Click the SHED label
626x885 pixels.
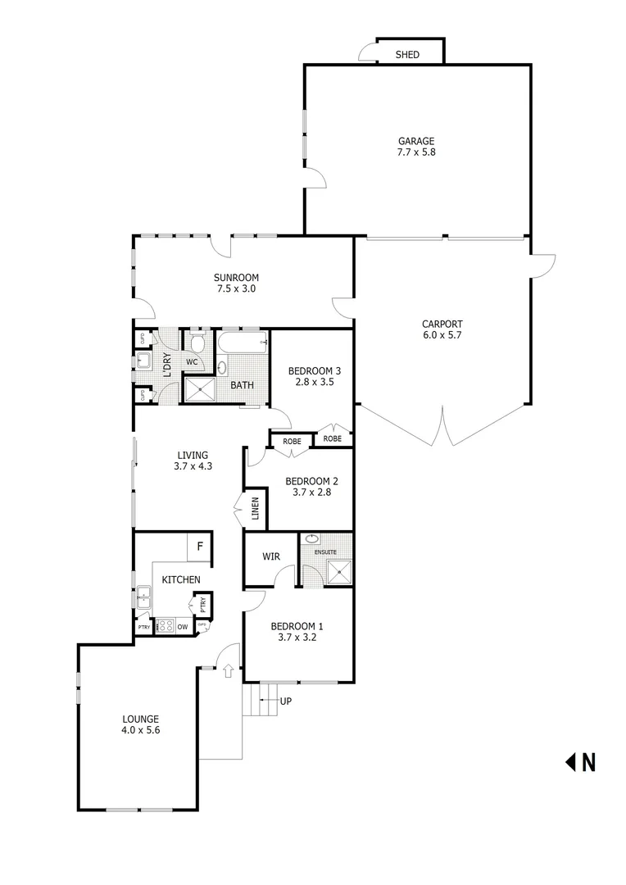coord(407,55)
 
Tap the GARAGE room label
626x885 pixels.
coord(416,141)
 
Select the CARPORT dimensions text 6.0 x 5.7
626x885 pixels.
coord(442,334)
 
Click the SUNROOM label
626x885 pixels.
coord(237,278)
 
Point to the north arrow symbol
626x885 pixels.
coord(571,762)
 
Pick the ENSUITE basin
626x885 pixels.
coord(311,539)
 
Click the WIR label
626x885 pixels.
coord(271,556)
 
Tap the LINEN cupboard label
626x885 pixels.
coord(255,510)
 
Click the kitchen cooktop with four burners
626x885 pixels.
coord(164,627)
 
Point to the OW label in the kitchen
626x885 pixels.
coord(182,627)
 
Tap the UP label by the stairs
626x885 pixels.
coord(285,701)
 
